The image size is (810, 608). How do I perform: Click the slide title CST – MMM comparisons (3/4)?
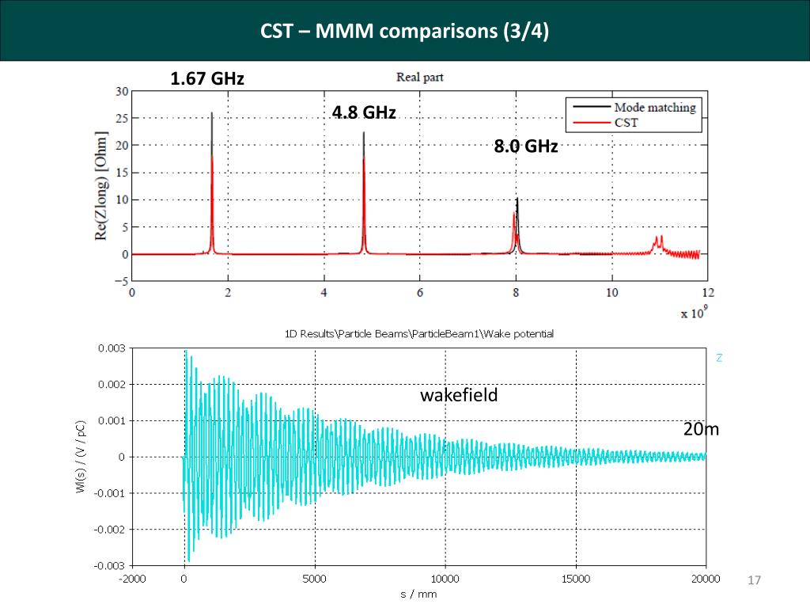click(404, 32)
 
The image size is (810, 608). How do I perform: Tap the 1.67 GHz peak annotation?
click(207, 79)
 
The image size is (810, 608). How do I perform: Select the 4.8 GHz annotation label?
click(364, 112)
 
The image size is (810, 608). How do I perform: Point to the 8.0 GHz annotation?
click(526, 146)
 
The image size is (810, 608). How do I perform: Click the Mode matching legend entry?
click(654, 108)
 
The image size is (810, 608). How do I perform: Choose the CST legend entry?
click(626, 123)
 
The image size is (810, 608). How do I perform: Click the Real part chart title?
click(419, 78)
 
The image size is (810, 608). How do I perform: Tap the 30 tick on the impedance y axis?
click(122, 91)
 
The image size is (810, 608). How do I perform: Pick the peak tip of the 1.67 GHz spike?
click(212, 113)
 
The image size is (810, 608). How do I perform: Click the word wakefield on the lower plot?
click(459, 395)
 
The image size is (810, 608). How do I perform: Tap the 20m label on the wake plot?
click(701, 430)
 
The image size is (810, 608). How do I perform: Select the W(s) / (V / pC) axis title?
click(81, 458)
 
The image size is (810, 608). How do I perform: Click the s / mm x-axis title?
click(418, 594)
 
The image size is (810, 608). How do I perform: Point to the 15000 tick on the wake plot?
click(575, 579)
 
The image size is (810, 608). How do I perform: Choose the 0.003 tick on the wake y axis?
click(111, 348)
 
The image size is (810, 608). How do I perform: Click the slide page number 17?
click(754, 582)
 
